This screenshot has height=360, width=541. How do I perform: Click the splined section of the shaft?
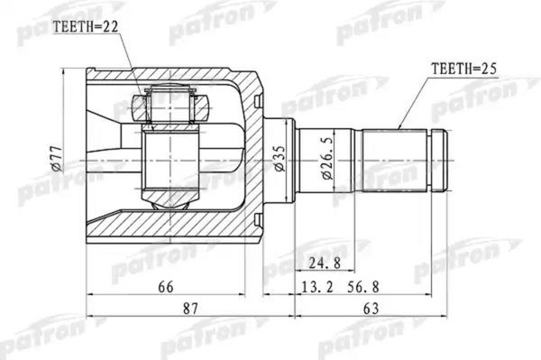[x=394, y=160]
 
